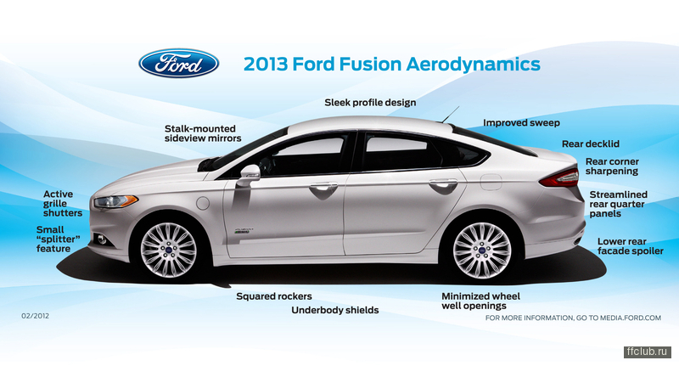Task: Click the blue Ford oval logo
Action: (x=178, y=63)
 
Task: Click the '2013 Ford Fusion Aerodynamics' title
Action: (x=392, y=64)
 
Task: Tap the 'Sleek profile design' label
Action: (x=370, y=103)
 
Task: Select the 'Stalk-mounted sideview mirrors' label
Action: (x=203, y=133)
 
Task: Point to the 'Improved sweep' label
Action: (x=521, y=123)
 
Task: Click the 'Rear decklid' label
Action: (x=591, y=144)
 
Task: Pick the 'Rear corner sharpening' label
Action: (x=612, y=166)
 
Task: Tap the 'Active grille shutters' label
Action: (x=62, y=204)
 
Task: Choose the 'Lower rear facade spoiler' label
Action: (x=631, y=246)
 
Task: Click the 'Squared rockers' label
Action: (x=274, y=296)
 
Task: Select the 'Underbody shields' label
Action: (x=335, y=310)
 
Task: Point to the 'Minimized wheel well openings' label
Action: (x=480, y=301)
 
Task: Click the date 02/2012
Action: (x=35, y=316)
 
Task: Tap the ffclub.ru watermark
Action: (x=648, y=352)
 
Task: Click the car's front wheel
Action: (x=168, y=250)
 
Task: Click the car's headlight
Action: (x=115, y=201)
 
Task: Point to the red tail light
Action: (x=559, y=178)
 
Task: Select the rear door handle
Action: (x=443, y=183)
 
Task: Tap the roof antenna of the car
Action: (x=451, y=115)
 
